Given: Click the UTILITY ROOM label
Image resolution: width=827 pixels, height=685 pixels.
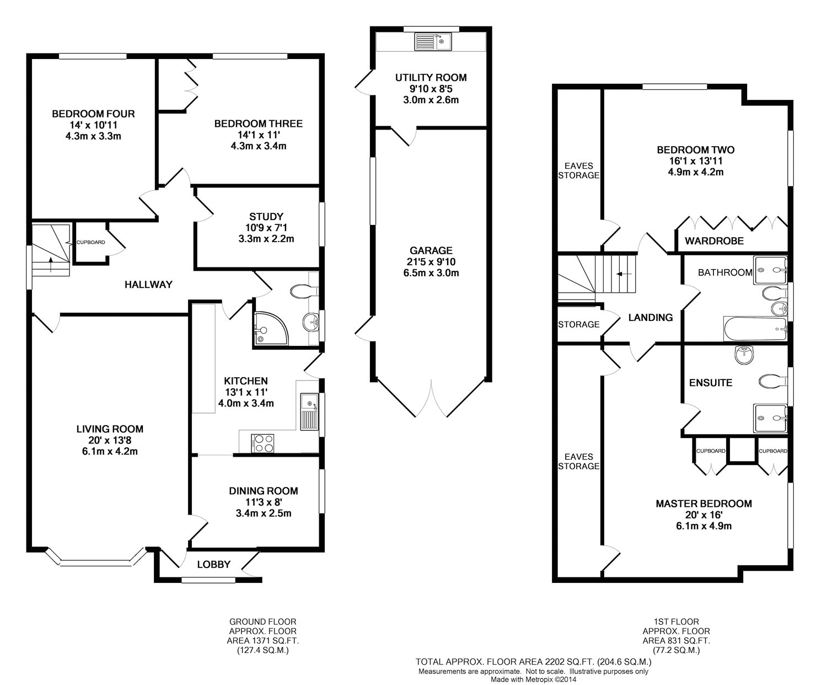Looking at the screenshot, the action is coord(431,78).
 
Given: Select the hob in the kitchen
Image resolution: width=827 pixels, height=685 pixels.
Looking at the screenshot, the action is coord(262,443).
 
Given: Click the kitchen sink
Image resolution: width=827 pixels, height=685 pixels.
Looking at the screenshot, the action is coord(309,411).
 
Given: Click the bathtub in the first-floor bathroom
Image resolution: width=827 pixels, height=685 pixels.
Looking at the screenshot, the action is coord(755,329).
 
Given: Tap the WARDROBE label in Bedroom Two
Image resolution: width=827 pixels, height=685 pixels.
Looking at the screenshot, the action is coord(714,241).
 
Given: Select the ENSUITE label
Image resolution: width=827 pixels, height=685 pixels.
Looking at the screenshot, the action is coord(711,383).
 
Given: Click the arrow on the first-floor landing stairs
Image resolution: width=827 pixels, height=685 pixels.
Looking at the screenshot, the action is coord(624,274).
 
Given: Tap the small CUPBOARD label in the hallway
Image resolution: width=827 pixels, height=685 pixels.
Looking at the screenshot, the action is coord(91,243).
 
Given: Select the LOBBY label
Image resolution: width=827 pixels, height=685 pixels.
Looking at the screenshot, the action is coord(214,564).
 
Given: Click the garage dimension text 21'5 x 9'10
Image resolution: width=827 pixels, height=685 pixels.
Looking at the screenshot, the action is coord(431,262).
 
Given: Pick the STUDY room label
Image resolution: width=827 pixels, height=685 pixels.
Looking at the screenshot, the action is coord(266,217).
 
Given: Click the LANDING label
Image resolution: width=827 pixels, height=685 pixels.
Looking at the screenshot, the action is coord(651,317).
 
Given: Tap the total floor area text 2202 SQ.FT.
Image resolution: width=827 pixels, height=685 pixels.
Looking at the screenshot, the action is coord(570,662).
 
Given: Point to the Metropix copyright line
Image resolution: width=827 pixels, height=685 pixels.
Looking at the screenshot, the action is coord(534,679).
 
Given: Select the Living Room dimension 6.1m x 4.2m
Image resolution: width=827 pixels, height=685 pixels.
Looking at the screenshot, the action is coord(110,451).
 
